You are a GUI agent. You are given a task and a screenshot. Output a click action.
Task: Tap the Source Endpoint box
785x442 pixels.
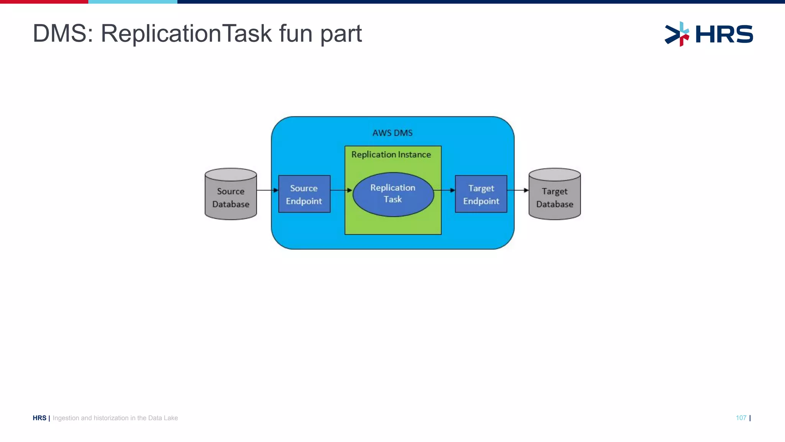304,194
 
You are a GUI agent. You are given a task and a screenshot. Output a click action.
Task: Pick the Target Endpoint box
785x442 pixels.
481,194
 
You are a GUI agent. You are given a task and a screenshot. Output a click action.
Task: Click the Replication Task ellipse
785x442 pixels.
393,194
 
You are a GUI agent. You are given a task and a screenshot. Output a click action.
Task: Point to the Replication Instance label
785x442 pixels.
391,155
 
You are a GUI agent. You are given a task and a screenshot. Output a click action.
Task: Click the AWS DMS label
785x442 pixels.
392,133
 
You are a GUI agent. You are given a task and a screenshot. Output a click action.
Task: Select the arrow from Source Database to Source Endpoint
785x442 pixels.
268,190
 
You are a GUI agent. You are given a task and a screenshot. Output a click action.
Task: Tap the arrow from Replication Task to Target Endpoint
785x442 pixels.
444,190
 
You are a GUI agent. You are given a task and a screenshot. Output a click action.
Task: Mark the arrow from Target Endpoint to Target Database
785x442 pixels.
518,190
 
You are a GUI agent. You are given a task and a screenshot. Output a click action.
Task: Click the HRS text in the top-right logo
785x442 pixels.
724,34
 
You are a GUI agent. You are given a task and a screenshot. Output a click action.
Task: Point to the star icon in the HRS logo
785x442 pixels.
677,34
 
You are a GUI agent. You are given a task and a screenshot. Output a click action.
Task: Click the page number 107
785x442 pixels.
741,418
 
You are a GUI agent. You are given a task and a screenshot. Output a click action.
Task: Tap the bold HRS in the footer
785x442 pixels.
39,418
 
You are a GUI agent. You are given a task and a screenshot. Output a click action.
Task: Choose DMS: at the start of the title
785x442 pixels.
63,34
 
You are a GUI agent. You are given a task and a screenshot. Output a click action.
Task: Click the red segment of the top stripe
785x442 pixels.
44,2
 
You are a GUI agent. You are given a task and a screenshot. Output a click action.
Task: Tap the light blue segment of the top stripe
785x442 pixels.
133,2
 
